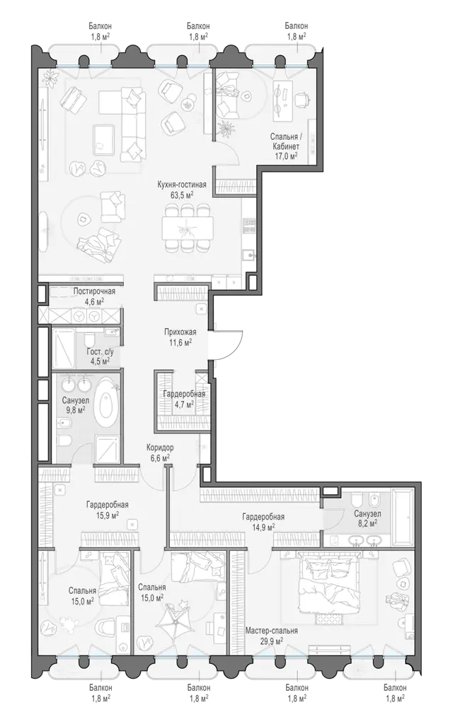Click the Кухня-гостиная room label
click(182, 185)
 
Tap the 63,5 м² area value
click(182, 195)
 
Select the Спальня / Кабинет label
click(285, 141)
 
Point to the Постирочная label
click(94, 291)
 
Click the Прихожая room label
click(180, 332)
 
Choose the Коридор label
click(160, 448)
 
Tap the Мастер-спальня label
click(272, 631)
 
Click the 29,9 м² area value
click(272, 641)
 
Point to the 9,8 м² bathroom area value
click(75, 410)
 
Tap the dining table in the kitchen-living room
click(188, 228)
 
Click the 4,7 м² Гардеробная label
click(184, 399)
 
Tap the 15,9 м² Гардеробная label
click(108, 509)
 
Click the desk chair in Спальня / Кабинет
click(302, 98)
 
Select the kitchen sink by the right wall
click(250, 255)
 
